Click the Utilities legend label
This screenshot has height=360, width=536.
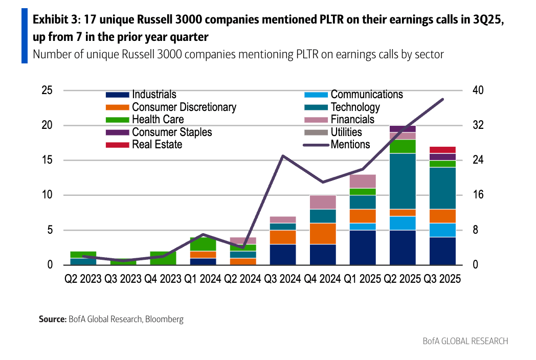[x=346, y=132]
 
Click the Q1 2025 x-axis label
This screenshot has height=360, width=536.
[x=363, y=279]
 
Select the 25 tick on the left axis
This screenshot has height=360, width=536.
[x=47, y=91]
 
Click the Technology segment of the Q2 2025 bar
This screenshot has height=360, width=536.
[x=403, y=181]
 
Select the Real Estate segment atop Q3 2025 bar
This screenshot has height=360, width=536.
[x=442, y=150]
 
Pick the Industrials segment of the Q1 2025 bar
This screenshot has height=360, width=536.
[x=363, y=247]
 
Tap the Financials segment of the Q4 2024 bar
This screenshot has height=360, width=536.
[x=323, y=202]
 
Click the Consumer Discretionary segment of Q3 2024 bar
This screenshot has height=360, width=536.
[x=283, y=237]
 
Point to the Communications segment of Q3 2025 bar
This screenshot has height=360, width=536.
[x=442, y=230]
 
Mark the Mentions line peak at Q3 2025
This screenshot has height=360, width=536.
[x=442, y=99]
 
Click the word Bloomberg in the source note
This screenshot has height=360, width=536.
[x=164, y=320]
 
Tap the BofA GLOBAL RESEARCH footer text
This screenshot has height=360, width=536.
[x=465, y=341]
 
